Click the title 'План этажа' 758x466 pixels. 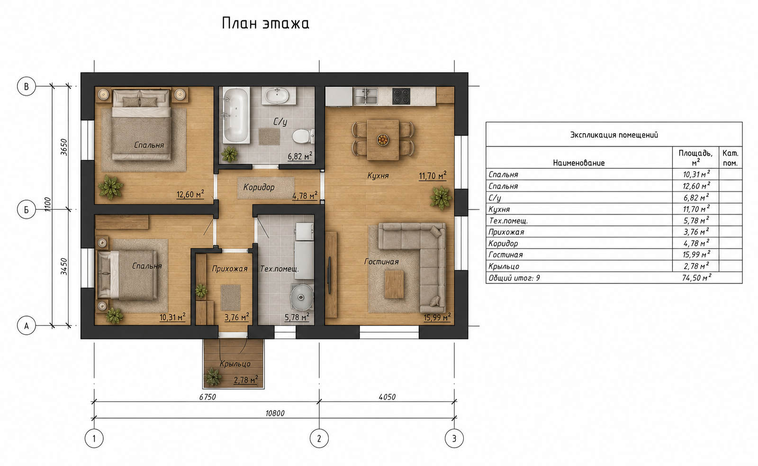(x=266, y=24)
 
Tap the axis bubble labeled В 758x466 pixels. (x=27, y=86)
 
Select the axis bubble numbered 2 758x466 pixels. (x=319, y=439)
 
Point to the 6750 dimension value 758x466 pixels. (x=208, y=397)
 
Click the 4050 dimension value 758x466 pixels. (x=387, y=397)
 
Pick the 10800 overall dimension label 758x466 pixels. (x=275, y=413)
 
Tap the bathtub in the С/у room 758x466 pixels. (x=236, y=116)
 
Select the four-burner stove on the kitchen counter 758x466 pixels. (x=401, y=96)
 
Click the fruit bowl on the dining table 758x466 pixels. (x=383, y=139)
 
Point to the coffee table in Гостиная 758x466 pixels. (x=394, y=284)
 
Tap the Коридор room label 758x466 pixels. (x=259, y=187)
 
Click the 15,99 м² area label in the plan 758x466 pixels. (x=437, y=317)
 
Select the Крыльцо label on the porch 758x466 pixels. (x=235, y=364)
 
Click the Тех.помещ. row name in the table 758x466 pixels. (x=508, y=221)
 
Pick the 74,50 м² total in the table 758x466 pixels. (x=697, y=278)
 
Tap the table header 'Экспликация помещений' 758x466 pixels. (x=614, y=135)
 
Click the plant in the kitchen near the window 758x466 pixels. (x=441, y=197)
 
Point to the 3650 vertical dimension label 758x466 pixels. (x=64, y=147)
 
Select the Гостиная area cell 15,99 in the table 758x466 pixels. (x=696, y=255)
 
